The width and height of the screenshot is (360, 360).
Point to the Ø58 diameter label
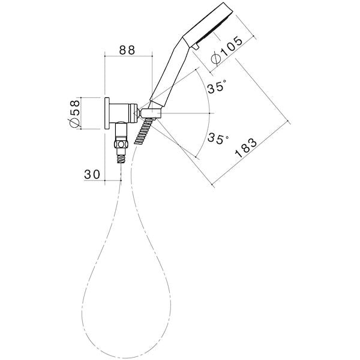tap(75, 112)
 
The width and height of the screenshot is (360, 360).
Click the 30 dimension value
tap(92, 174)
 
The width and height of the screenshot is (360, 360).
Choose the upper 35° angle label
tap(217, 87)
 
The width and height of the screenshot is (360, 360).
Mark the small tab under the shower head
tap(196, 46)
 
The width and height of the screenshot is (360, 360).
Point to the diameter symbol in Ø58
tap(75, 122)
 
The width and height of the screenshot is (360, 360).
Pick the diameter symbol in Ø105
tap(217, 59)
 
